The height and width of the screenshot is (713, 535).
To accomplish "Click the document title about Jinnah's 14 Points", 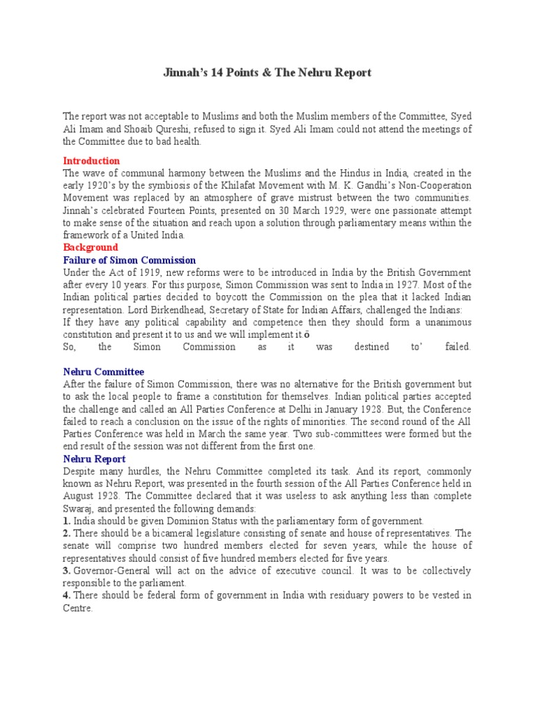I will tap(267, 72).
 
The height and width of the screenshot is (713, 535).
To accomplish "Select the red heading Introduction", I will tap(91, 161).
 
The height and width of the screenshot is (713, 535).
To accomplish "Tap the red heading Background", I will tap(91, 247).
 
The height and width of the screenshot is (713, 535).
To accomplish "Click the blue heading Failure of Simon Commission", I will tap(130, 260).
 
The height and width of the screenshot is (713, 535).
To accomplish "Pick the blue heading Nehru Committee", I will tap(104, 372).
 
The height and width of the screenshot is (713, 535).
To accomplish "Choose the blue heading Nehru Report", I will tap(94, 459).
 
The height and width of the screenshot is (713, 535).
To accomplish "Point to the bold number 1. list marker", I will tap(67, 521).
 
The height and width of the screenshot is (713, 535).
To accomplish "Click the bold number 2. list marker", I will tap(67, 533).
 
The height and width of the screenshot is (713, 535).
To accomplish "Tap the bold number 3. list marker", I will tap(67, 570).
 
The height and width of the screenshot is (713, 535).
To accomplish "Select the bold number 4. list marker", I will tap(67, 595).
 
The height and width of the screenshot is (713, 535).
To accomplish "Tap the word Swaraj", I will tap(78, 508).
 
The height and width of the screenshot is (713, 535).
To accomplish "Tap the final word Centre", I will tap(77, 608).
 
